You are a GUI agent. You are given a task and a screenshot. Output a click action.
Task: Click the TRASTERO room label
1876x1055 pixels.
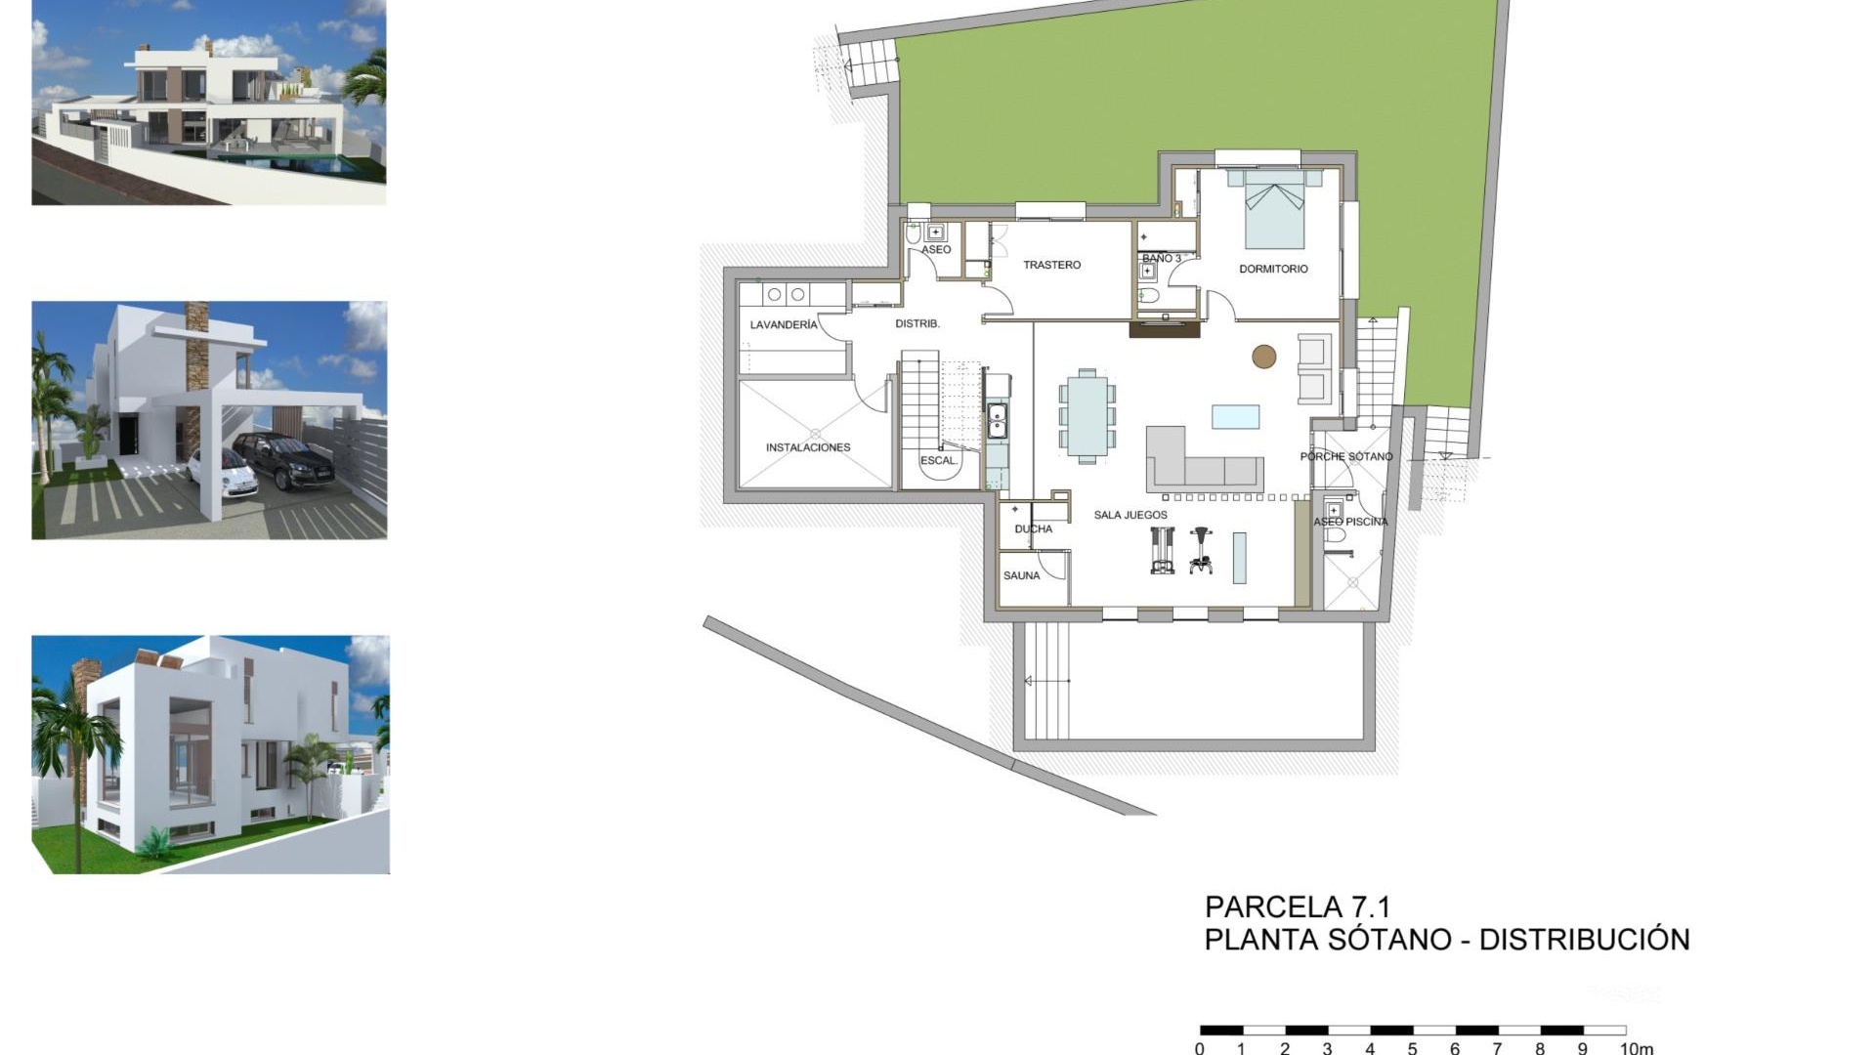1051,265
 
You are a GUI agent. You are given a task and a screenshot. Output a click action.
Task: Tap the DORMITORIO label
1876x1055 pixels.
1273,269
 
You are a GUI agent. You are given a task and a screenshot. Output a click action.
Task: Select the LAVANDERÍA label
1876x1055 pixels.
784,324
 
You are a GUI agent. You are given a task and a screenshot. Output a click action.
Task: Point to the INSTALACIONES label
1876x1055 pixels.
808,447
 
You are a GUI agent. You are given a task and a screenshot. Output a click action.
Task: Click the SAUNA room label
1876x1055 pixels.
1021,575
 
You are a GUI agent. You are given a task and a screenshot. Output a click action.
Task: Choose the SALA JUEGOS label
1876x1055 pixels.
1130,515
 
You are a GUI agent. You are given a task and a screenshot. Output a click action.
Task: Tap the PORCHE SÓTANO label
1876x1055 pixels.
1346,456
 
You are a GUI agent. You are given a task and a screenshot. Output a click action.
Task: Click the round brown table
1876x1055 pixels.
1264,357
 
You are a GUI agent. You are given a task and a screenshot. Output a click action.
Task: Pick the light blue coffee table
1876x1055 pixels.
1236,417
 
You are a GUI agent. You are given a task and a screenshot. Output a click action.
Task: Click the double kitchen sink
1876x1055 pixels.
997,421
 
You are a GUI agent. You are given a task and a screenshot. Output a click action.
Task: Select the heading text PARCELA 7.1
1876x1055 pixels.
1297,907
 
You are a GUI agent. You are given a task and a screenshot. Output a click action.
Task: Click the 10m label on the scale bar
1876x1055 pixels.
1636,1048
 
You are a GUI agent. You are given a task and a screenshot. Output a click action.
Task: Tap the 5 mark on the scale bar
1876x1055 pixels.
1412,1048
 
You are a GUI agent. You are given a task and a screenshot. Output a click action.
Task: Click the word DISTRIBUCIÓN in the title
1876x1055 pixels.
1584,939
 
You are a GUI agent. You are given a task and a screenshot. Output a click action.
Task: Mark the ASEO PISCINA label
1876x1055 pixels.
1350,522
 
